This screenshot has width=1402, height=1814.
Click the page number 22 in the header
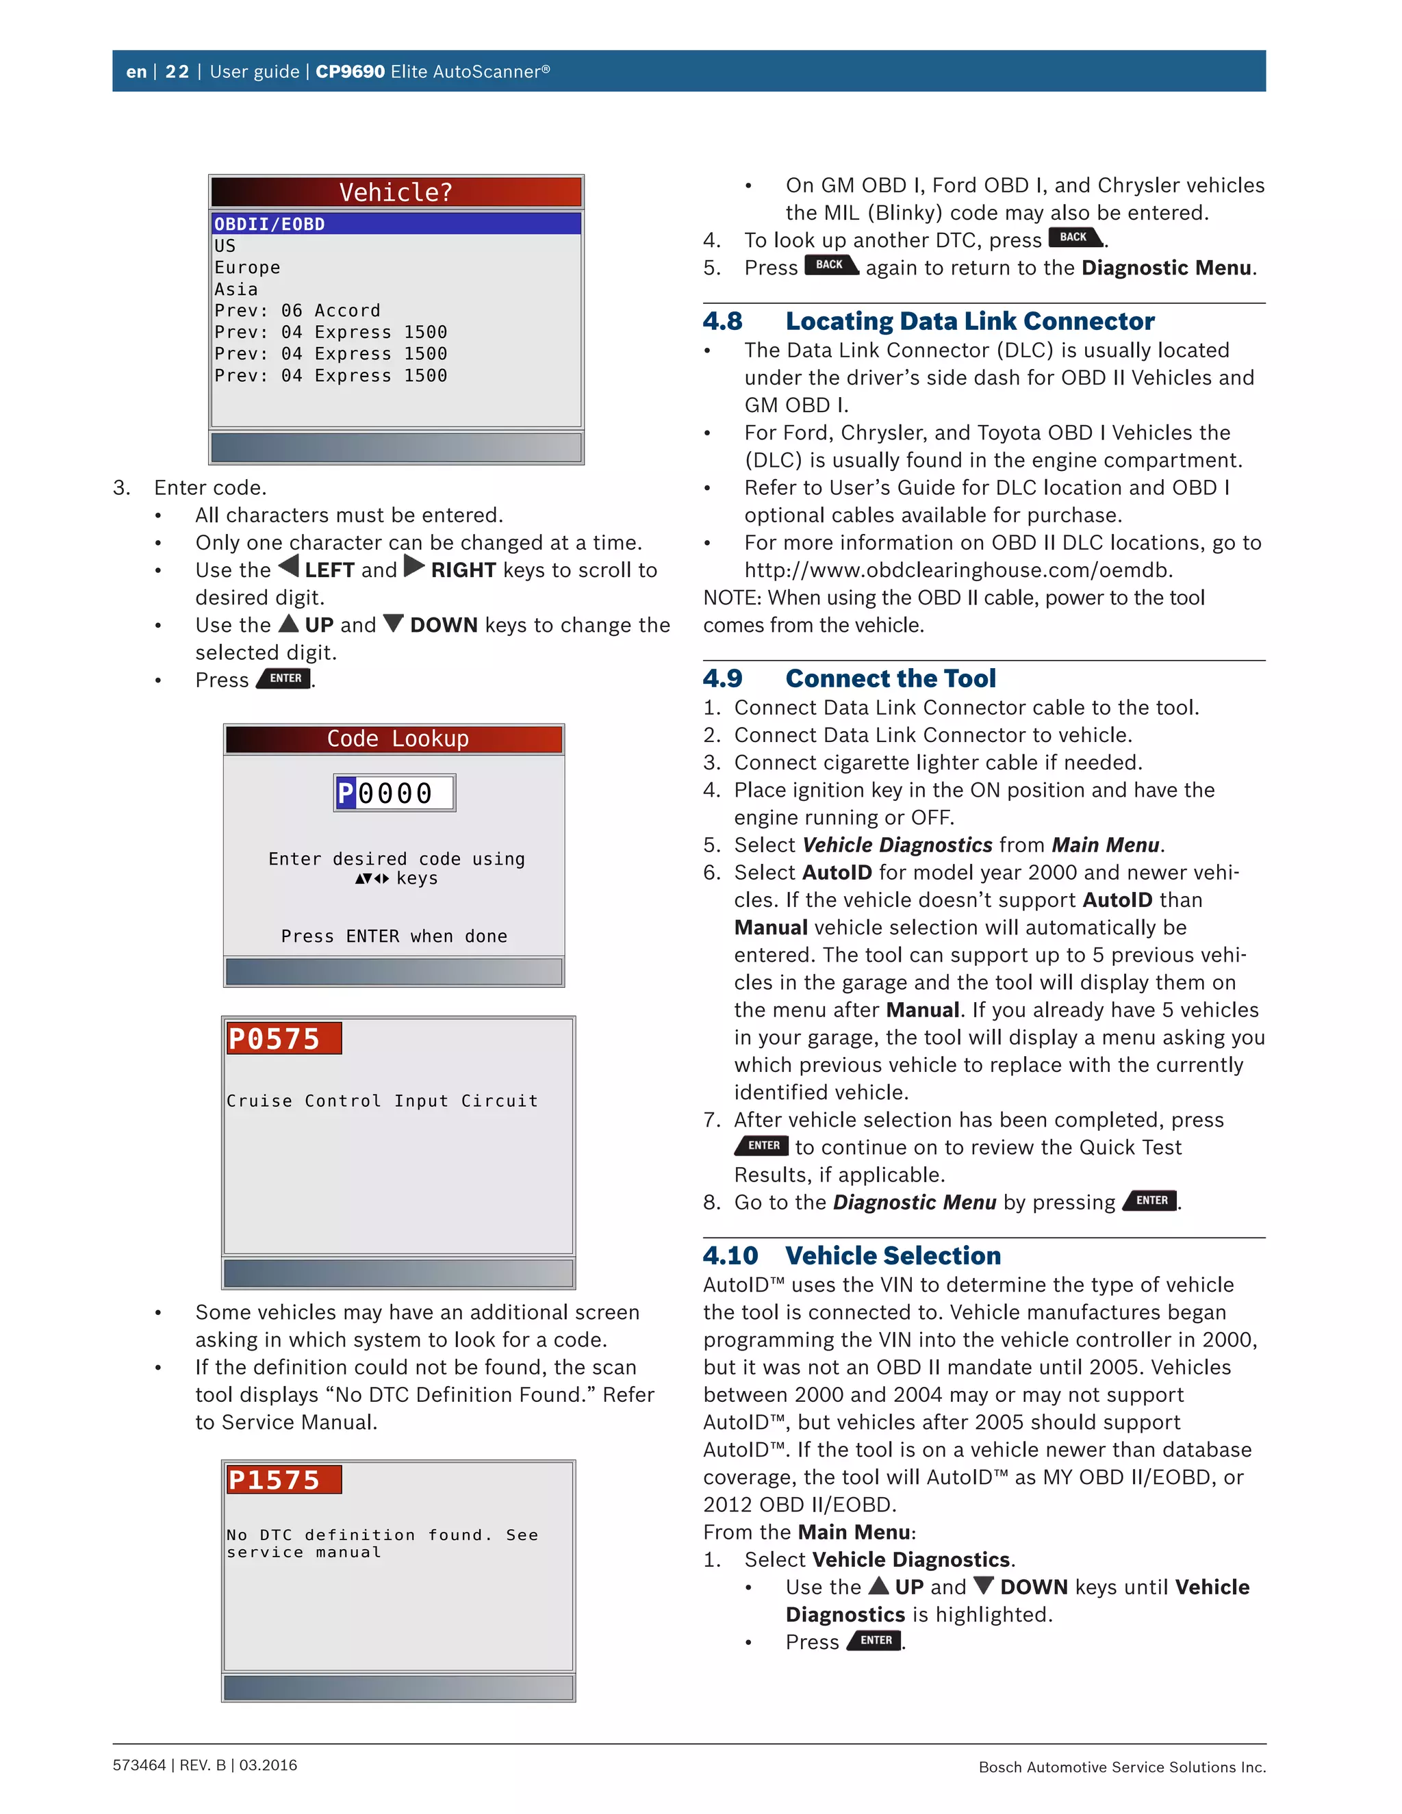pyautogui.click(x=177, y=71)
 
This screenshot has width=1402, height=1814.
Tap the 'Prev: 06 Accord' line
pyautogui.click(x=296, y=311)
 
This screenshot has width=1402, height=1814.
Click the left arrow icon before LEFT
pyautogui.click(x=288, y=567)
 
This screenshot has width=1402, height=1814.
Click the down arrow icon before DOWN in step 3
pyautogui.click(x=394, y=623)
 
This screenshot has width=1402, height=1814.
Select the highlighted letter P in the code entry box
pyautogui.click(x=346, y=793)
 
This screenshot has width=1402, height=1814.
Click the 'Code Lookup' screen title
pyautogui.click(x=397, y=739)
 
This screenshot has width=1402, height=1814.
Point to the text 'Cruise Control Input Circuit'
pyautogui.click(x=382, y=1101)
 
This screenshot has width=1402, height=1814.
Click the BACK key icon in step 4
pyautogui.click(x=1075, y=238)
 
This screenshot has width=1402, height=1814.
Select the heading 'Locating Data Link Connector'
pyautogui.click(x=969, y=322)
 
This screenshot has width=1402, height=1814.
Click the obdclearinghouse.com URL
pyautogui.click(x=958, y=570)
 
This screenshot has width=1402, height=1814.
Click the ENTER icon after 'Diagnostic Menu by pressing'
pyautogui.click(x=1150, y=1201)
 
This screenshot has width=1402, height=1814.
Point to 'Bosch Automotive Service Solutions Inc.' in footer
pyautogui.click(x=1121, y=1767)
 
